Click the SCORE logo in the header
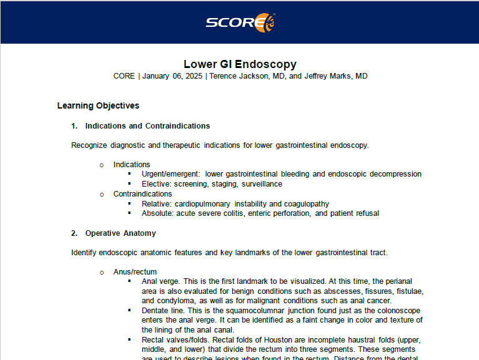(240, 22)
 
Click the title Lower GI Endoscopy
(240, 64)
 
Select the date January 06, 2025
(172, 76)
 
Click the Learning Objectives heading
(98, 105)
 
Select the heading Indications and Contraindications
(147, 126)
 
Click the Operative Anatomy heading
(121, 233)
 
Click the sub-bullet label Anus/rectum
(135, 272)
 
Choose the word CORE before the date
(124, 76)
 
